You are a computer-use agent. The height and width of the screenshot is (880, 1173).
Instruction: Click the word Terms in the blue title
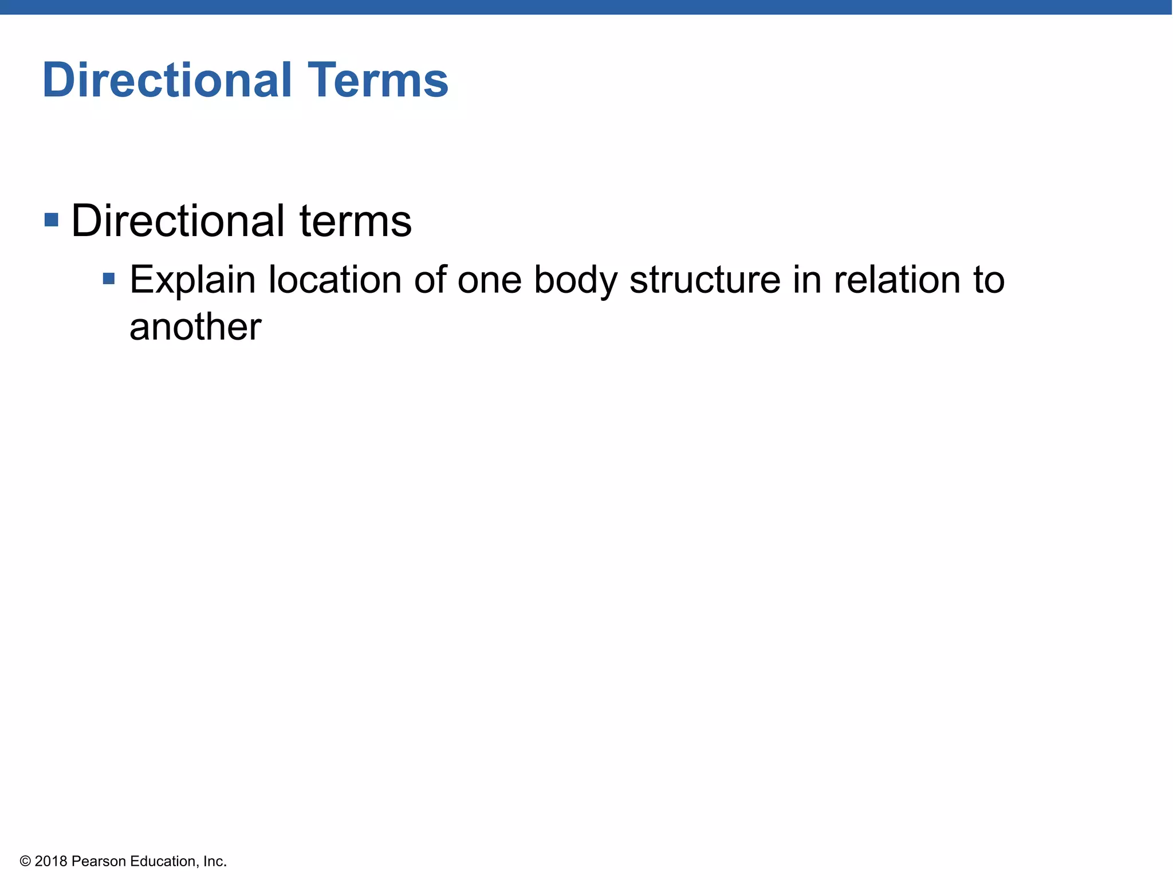tap(378, 80)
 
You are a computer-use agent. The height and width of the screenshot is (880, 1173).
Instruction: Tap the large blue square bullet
tap(52, 219)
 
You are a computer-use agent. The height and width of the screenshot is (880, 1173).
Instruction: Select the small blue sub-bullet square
tap(109, 279)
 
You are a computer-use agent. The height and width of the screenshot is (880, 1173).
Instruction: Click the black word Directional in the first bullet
tap(178, 221)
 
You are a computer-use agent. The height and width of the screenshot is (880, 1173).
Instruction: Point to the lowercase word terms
tap(355, 222)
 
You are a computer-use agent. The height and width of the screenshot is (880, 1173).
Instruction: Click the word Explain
tap(192, 281)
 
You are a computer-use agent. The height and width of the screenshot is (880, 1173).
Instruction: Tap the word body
tap(576, 281)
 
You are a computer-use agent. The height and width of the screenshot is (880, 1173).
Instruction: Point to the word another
tap(195, 327)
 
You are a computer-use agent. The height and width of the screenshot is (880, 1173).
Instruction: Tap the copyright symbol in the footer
tap(25, 861)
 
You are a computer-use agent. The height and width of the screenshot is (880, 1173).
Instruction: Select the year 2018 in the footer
tap(51, 861)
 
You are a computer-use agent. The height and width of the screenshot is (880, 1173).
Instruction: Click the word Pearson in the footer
tap(99, 861)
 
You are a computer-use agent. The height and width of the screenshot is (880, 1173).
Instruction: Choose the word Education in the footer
tap(164, 861)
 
